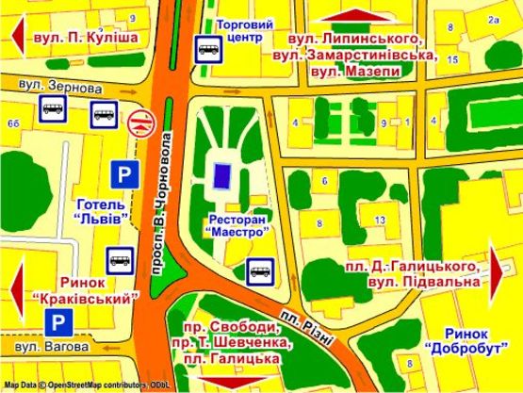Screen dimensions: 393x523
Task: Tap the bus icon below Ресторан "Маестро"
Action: click(259, 272)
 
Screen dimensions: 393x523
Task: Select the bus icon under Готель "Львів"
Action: click(119, 258)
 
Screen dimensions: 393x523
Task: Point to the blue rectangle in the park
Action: click(223, 174)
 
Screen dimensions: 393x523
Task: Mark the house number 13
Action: click(379, 220)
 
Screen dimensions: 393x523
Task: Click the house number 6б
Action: click(13, 123)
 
